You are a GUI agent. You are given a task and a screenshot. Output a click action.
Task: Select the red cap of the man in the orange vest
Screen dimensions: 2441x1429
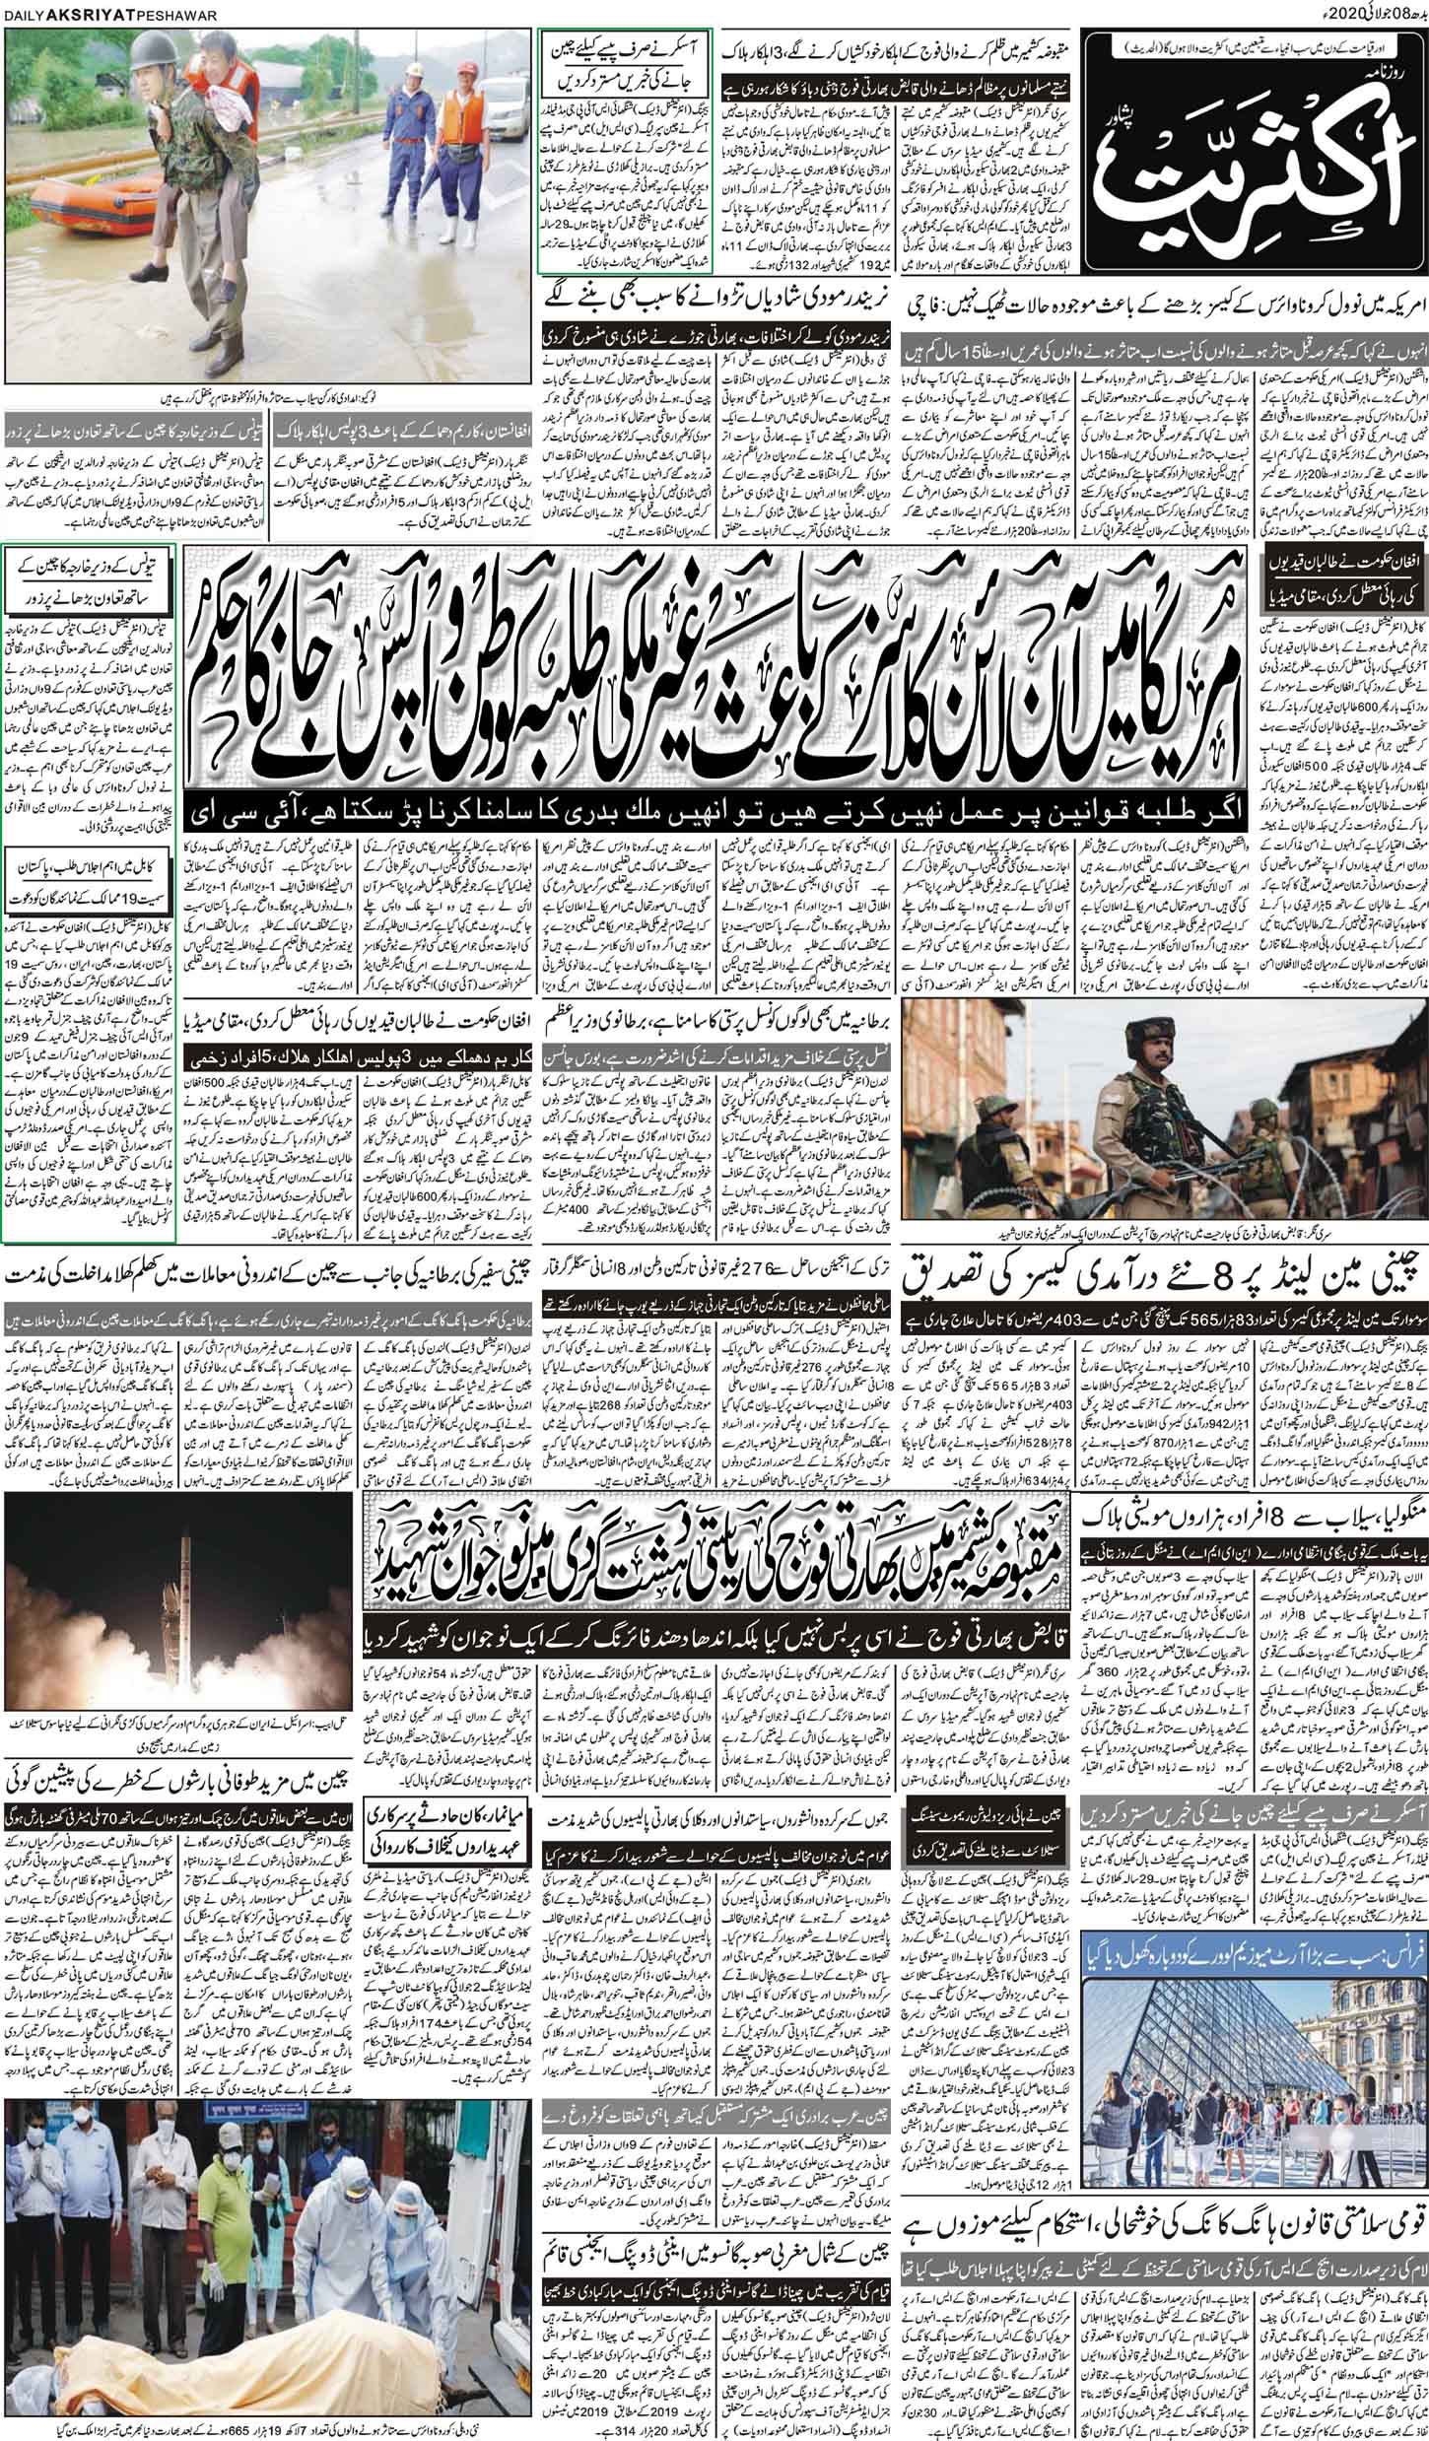[x=461, y=75]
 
